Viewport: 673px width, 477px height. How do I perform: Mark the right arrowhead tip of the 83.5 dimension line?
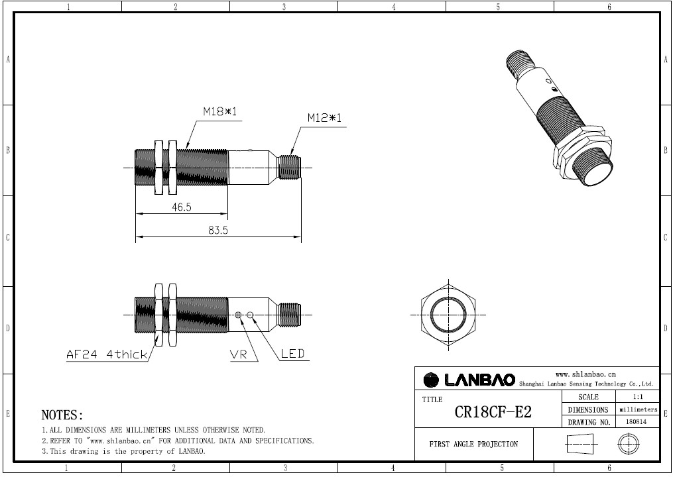coord(301,236)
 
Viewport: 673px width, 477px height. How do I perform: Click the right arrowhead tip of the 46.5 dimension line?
coord(227,213)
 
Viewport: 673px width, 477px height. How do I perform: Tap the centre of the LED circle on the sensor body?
coord(251,315)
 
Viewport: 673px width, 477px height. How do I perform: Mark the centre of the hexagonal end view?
coord(448,315)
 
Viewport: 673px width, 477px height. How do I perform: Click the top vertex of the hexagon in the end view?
coord(448,284)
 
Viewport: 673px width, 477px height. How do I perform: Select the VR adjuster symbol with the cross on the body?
coord(239,315)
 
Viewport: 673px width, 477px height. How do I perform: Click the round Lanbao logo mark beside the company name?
coord(431,380)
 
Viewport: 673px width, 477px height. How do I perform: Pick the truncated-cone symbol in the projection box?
coord(580,443)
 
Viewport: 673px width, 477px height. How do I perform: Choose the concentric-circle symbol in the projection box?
coord(629,443)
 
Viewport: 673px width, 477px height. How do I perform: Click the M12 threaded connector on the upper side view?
coord(289,168)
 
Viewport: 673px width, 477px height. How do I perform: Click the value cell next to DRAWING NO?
coord(637,421)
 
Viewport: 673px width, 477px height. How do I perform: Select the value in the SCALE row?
coord(638,396)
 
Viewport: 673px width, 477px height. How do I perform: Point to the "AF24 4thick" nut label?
coord(107,354)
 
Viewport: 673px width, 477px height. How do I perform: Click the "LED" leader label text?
coord(292,354)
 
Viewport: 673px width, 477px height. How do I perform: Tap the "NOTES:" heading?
coord(62,415)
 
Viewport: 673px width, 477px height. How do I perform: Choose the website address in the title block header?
coord(585,374)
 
